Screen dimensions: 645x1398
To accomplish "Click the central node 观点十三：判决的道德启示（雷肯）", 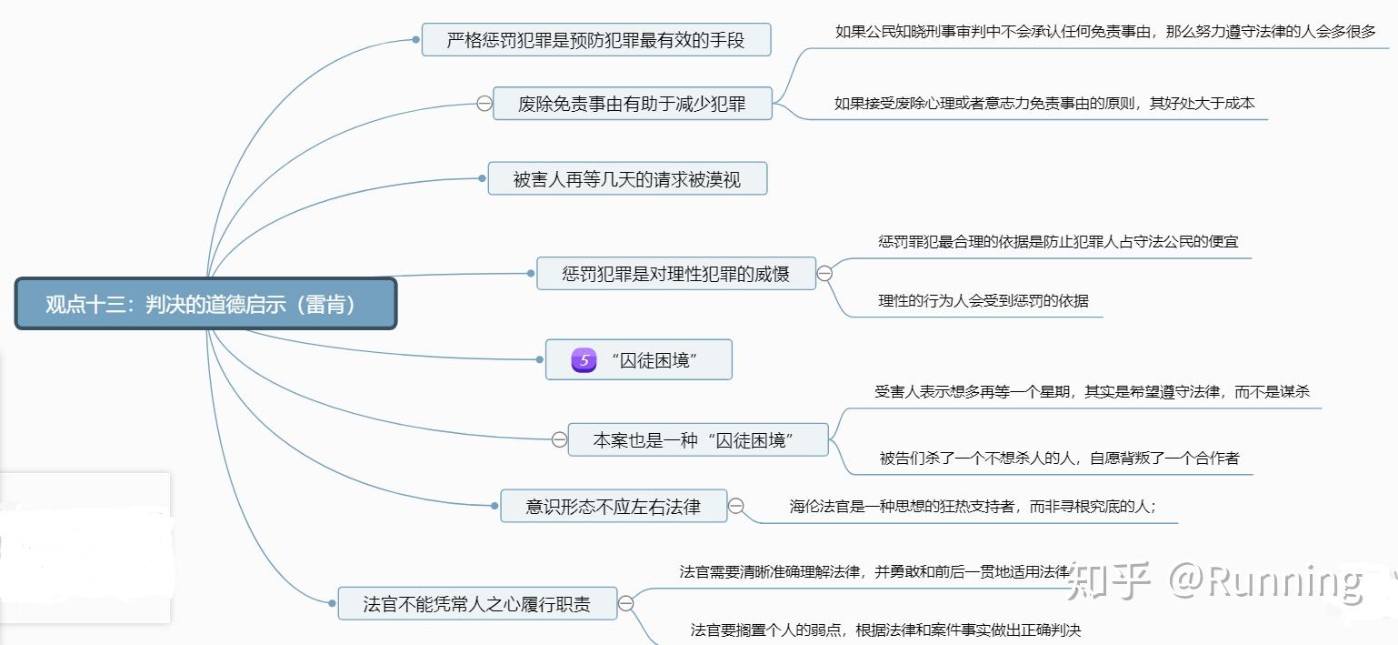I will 205,304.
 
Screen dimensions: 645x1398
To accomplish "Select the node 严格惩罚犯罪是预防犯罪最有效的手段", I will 595,40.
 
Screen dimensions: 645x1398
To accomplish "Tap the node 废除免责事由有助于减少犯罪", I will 632,104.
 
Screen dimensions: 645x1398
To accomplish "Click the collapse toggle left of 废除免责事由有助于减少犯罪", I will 484,104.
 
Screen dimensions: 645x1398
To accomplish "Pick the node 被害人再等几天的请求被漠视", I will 627,179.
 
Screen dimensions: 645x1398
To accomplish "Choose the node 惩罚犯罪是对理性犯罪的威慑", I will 675,273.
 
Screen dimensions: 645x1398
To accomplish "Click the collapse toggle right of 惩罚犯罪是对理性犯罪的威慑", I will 824,273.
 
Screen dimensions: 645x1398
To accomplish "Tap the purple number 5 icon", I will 584,360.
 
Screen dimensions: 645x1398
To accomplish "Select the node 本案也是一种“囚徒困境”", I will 697,439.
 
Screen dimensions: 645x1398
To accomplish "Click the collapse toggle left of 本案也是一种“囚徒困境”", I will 559,439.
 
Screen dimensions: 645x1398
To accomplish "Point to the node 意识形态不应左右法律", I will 614,506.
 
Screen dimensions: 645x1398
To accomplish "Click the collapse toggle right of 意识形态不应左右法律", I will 736,506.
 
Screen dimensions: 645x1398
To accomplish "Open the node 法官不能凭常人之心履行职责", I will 476,603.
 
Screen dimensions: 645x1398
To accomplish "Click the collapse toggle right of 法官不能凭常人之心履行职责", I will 625,603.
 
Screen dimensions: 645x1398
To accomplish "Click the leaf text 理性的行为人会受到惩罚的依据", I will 983,301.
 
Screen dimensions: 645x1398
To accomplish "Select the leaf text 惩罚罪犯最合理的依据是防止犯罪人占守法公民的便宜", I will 1057,242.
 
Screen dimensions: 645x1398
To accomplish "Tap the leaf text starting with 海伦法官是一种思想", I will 973,507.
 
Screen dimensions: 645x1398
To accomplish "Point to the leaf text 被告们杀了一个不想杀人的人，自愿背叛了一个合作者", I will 1059,458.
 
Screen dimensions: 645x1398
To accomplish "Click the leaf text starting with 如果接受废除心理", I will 1044,103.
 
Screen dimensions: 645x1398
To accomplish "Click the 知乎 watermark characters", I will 1110,580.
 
